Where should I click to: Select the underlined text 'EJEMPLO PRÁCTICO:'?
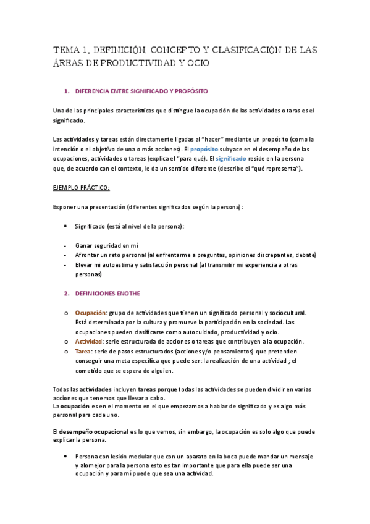pos(82,187)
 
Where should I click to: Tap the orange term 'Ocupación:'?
pos(91,313)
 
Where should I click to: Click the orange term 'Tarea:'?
pos(85,351)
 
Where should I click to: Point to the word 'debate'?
pos(303,255)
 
